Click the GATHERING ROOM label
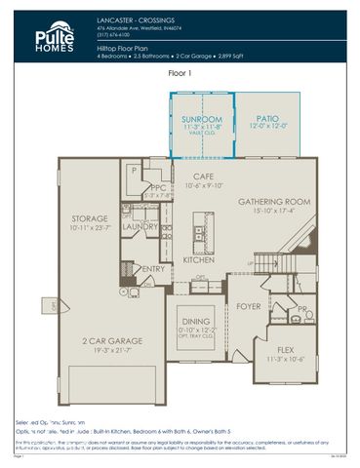pyautogui.click(x=274, y=202)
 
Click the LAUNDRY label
pyautogui.click(x=140, y=226)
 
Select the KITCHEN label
pyautogui.click(x=199, y=261)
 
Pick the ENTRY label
pyautogui.click(x=153, y=269)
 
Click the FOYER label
pyautogui.click(x=249, y=306)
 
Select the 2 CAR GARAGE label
pyautogui.click(x=110, y=341)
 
